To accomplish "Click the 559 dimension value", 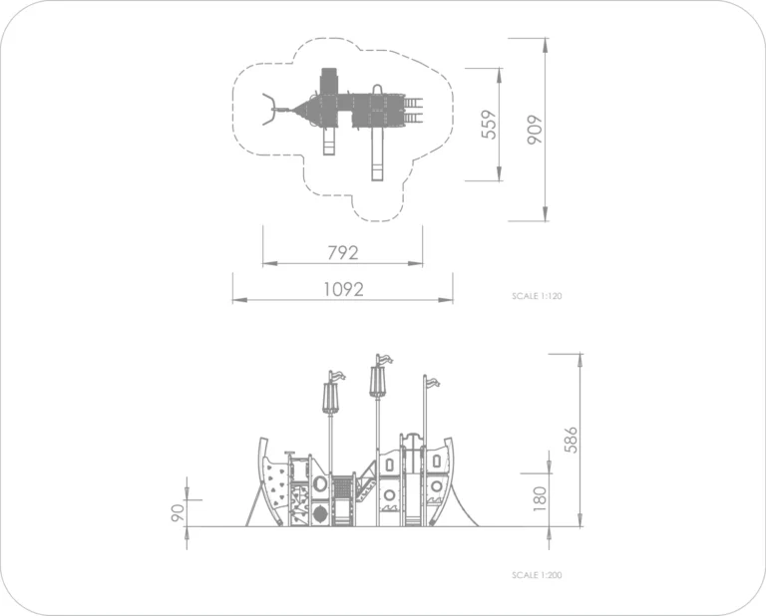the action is tap(489, 125).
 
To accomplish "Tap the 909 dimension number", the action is tap(535, 130).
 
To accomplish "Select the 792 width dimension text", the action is tap(342, 252).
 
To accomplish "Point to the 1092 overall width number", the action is tap(343, 289).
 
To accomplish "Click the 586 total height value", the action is tap(571, 440).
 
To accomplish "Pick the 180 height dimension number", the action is tap(540, 498).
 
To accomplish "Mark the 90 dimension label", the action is tap(178, 513).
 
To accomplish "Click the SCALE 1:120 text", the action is tap(537, 296).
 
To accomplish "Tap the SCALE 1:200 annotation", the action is tap(537, 575).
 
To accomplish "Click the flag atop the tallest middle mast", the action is tap(384, 360).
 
